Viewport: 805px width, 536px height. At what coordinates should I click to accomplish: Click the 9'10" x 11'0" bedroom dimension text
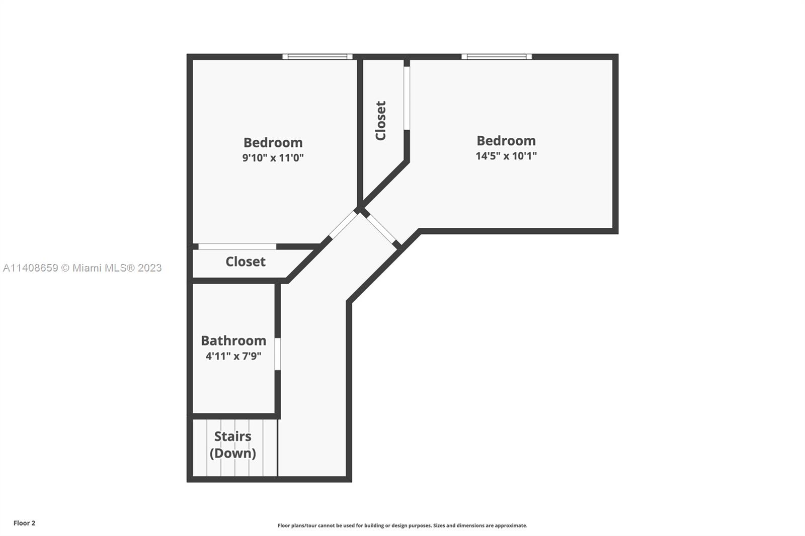273,157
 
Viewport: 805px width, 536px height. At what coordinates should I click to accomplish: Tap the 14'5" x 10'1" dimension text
506,155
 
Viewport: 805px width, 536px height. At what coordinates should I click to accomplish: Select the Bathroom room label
233,340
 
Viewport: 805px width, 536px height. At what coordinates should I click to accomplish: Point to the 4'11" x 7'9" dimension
233,356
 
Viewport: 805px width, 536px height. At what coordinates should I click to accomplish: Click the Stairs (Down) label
233,445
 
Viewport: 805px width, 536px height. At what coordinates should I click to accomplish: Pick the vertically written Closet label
380,120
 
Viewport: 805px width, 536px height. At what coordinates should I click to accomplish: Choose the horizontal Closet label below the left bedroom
246,261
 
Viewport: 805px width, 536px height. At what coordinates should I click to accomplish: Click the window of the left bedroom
317,56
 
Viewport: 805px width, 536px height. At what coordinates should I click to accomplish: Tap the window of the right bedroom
497,56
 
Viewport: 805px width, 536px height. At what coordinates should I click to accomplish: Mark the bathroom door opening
277,354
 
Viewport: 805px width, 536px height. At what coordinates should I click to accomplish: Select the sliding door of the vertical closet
407,98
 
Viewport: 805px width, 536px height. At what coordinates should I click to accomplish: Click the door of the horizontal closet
237,246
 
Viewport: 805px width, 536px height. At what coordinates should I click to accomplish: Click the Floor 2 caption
25,523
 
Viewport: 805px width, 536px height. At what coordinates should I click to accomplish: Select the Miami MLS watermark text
83,267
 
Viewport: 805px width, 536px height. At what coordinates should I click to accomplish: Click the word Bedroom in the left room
273,143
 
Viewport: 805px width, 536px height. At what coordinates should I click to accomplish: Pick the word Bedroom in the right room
506,140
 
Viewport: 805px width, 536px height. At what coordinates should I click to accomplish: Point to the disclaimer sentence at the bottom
402,525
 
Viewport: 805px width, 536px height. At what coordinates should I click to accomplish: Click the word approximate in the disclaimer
511,525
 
